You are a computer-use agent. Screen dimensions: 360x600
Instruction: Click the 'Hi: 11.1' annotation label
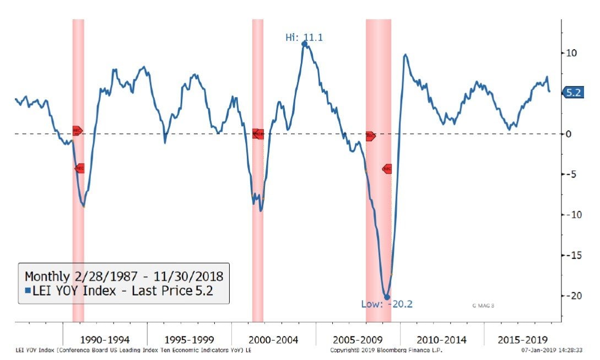coord(304,37)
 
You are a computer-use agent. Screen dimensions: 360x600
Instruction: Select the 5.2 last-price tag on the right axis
coord(572,93)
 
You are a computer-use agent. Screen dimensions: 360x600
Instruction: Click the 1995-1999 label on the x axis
coord(189,339)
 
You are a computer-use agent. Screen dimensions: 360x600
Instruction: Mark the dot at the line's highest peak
coord(305,44)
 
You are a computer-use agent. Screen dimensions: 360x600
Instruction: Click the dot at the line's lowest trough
coord(387,297)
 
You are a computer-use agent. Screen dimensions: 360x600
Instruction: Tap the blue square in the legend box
coord(28,291)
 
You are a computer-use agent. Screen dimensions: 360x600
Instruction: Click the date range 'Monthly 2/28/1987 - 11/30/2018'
coord(123,276)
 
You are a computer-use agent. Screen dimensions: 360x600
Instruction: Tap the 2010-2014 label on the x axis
coord(442,339)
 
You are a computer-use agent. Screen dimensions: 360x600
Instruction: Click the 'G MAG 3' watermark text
coord(483,305)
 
